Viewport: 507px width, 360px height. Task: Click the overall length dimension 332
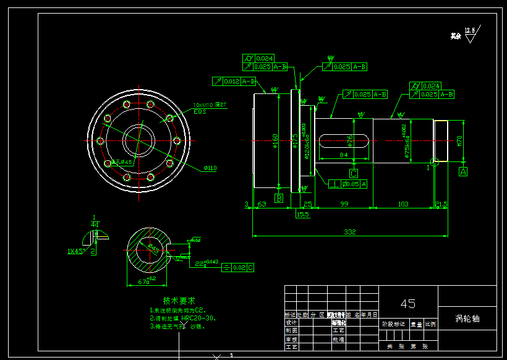351,232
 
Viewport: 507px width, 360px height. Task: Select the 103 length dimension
403,204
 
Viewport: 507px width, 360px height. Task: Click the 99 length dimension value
344,204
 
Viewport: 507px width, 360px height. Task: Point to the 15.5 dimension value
303,214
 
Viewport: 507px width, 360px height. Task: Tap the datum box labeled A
463,171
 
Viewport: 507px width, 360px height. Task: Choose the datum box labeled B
279,199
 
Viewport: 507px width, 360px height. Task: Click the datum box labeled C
354,174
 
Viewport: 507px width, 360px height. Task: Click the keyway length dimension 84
344,155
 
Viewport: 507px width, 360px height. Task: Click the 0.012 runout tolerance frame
234,81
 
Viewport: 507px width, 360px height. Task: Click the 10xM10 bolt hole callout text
210,105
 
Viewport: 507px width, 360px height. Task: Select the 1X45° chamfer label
77,252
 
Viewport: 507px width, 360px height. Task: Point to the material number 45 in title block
408,304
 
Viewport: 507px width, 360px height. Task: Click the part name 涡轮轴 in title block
467,319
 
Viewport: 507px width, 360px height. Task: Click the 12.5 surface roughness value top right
470,30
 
